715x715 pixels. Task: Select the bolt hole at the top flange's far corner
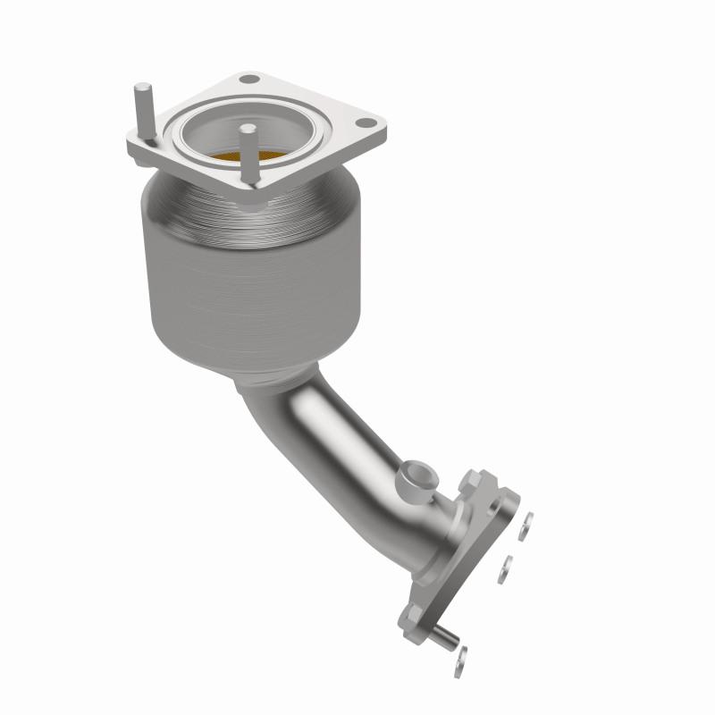[x=252, y=81]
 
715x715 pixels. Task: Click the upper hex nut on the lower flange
[x=470, y=483]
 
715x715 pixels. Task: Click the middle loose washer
[x=506, y=568]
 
